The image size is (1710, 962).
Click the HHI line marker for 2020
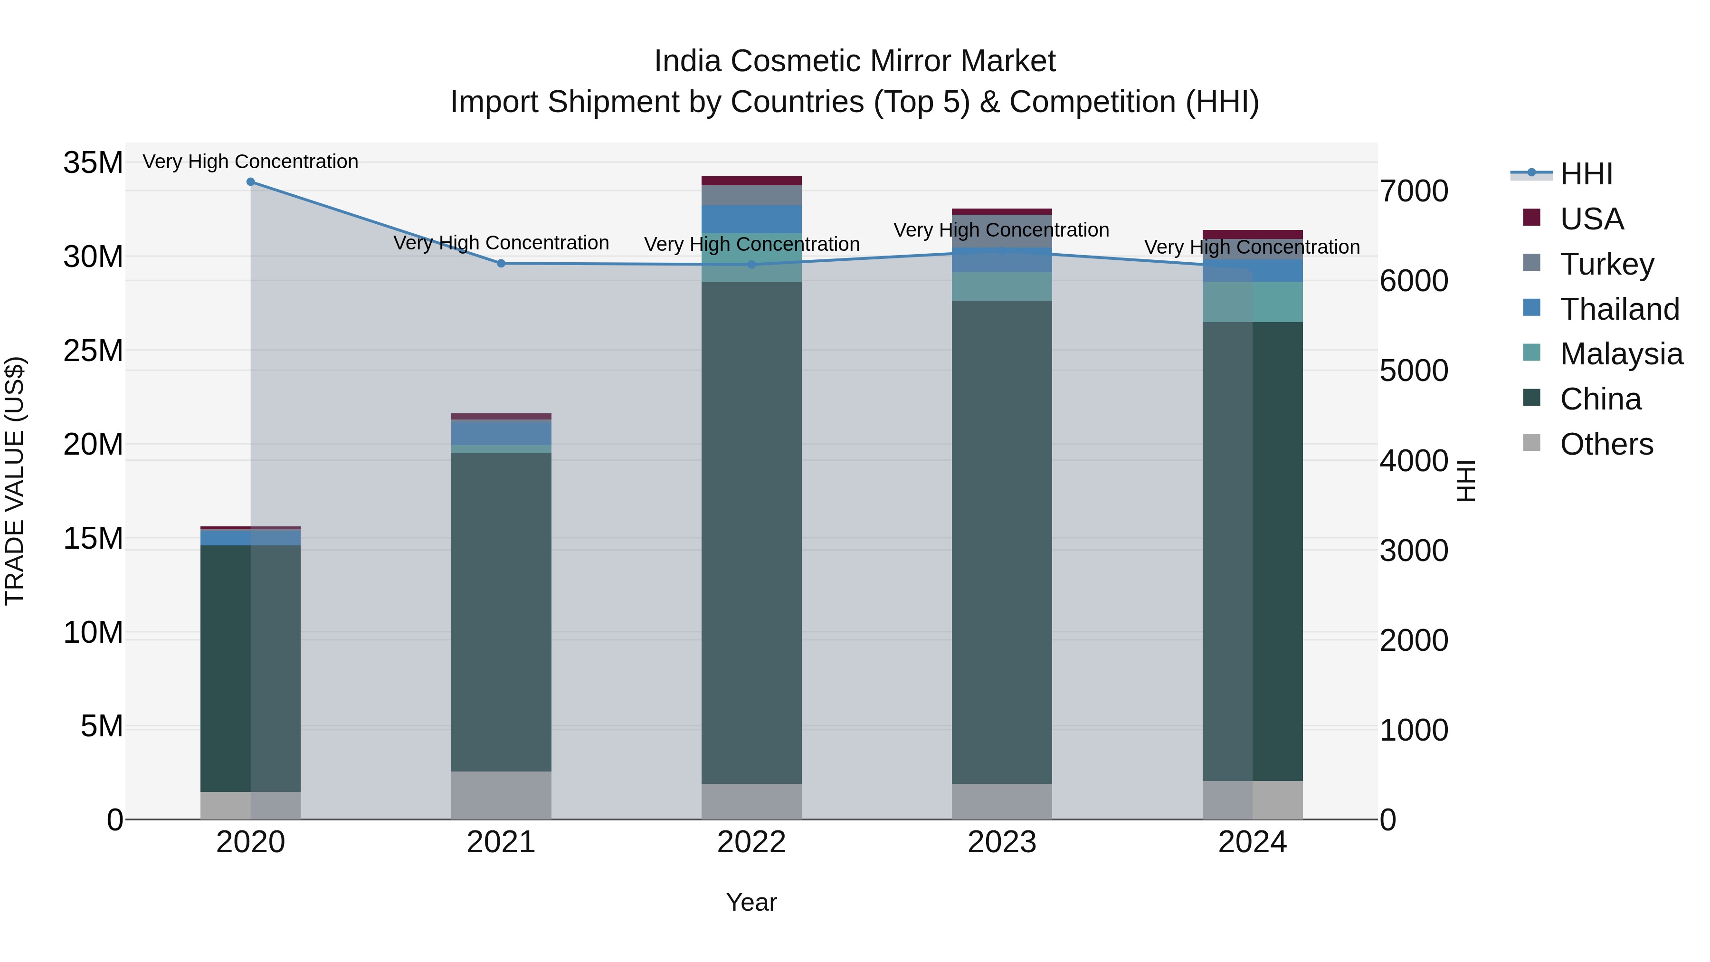coord(250,182)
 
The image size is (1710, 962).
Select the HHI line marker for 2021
coord(501,264)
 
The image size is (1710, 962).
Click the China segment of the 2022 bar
coord(751,531)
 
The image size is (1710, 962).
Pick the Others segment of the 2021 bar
coord(501,795)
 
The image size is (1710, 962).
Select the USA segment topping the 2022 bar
coord(751,181)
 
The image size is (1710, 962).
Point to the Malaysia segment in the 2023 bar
coord(1002,287)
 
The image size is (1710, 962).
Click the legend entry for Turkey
coord(1606,264)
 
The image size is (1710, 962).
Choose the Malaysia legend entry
coord(1620,354)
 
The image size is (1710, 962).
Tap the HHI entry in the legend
coord(1586,174)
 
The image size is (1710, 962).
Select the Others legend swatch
coord(1531,443)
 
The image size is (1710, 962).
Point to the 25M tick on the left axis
coord(93,351)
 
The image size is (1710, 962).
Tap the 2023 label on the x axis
coord(1002,842)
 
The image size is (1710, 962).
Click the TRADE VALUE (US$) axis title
coord(15,481)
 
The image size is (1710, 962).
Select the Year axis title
coord(751,902)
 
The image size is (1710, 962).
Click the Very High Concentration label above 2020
coord(250,162)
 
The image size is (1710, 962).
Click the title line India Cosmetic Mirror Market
coord(855,61)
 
